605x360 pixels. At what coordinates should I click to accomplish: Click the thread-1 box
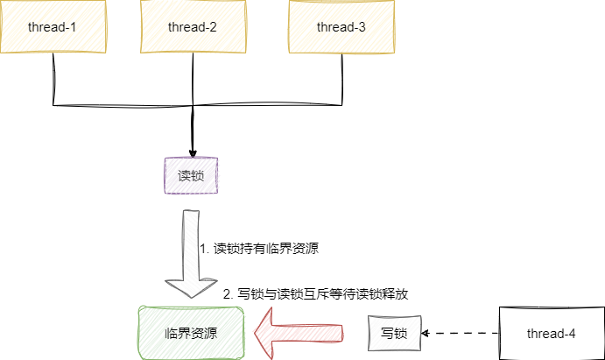click(53, 26)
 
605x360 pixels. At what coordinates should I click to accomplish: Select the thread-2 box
click(192, 26)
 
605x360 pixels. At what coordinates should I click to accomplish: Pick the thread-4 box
click(551, 333)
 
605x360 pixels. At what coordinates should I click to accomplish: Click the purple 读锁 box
click(191, 175)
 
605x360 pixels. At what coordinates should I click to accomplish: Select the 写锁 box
click(393, 333)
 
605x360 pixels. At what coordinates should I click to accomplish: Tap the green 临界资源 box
click(191, 333)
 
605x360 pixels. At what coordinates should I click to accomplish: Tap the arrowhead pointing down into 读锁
click(192, 149)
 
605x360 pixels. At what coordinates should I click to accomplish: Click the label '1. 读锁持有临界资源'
click(259, 248)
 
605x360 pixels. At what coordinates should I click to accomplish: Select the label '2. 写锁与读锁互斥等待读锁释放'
click(316, 294)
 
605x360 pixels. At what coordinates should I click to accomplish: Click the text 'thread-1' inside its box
click(53, 26)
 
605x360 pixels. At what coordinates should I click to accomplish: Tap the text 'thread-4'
click(551, 333)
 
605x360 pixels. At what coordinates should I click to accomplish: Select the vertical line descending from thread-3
click(340, 79)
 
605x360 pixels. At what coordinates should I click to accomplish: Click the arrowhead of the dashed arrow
click(426, 333)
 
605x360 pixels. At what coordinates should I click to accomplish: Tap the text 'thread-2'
click(192, 26)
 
